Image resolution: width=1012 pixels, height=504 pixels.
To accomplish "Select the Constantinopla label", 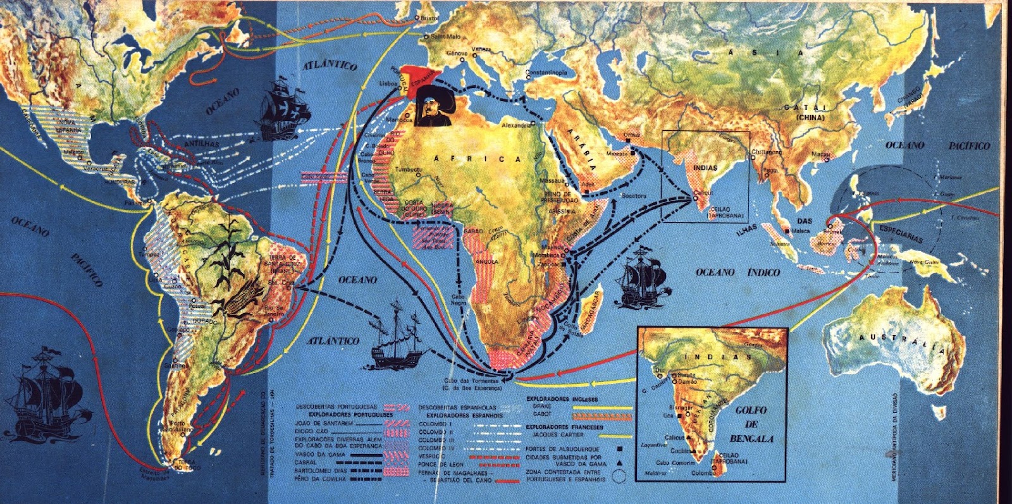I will (x=546, y=73).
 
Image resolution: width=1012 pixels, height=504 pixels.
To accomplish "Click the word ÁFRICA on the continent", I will (x=479, y=158).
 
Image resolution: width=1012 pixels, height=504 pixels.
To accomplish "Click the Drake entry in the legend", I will (x=542, y=407).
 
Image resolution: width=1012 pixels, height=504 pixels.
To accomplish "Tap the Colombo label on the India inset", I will (x=703, y=472).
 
